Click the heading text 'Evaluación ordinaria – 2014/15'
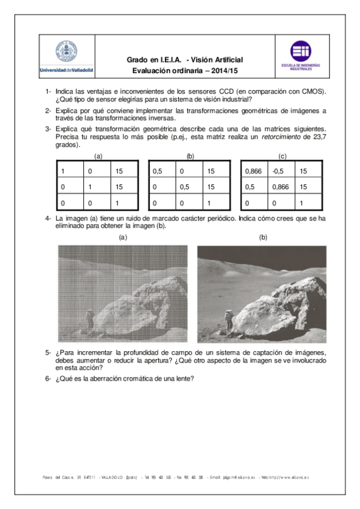click(x=185, y=70)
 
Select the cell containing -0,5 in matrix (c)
click(x=280, y=171)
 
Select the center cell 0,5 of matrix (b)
click(x=188, y=187)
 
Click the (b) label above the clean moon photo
click(x=263, y=237)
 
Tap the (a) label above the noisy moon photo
click(x=123, y=237)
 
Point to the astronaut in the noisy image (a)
click(x=89, y=318)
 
